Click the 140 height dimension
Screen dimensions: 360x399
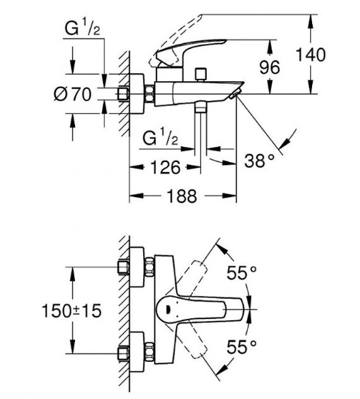pos(311,55)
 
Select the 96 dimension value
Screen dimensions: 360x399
pos(270,67)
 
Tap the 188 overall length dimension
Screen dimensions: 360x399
pos(182,196)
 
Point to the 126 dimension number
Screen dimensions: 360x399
pos(165,168)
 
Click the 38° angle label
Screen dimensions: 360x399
pos(260,161)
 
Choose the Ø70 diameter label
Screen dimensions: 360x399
pos(73,95)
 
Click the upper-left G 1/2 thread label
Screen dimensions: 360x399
pos(82,28)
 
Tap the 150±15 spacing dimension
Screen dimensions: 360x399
pos(71,311)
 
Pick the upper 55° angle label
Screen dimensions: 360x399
pos(241,273)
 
